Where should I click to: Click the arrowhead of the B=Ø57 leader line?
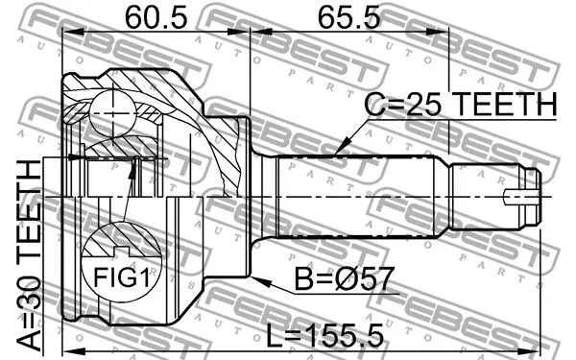pos(258,276)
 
